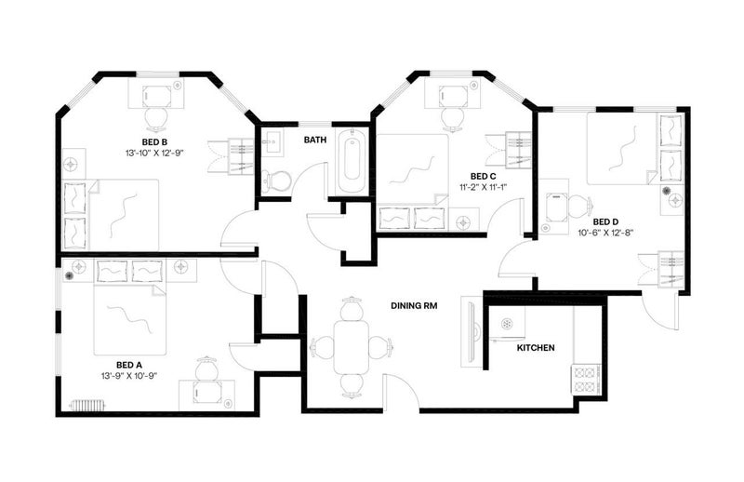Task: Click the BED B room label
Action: (x=154, y=142)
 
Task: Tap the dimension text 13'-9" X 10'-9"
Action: (x=129, y=376)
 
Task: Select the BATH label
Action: (x=315, y=140)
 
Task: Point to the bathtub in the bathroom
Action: (x=352, y=160)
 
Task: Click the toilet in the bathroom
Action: (x=275, y=181)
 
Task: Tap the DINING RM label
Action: (x=414, y=306)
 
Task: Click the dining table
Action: (x=352, y=347)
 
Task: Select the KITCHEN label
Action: (x=536, y=348)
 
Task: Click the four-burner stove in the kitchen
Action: (x=586, y=379)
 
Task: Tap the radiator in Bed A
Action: (x=86, y=406)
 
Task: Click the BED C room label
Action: (x=483, y=177)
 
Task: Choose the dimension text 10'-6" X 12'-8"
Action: (x=605, y=233)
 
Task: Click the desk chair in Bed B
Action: (x=156, y=118)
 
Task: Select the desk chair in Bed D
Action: (x=579, y=205)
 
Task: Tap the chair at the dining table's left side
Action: (x=323, y=347)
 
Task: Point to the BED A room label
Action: (x=129, y=365)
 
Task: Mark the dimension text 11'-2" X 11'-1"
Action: (x=483, y=187)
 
